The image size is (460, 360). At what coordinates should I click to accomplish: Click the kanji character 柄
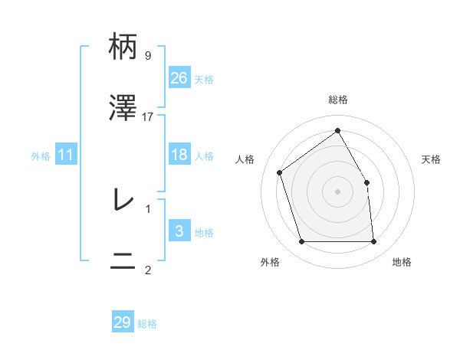pos(123,47)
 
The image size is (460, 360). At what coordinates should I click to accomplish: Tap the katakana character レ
pos(123,200)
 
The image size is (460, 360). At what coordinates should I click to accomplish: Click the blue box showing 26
pos(179,78)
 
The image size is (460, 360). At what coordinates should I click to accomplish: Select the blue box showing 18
pos(179,155)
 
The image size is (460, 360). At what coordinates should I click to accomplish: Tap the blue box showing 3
pos(179,231)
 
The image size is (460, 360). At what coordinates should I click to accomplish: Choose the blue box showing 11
pos(67,155)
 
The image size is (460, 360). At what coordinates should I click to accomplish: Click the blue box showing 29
pos(123,322)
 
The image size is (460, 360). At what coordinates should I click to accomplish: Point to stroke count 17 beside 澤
pos(148,116)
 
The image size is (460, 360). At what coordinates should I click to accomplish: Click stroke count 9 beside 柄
pos(147,56)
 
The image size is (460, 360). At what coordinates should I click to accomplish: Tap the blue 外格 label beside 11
pos(41,155)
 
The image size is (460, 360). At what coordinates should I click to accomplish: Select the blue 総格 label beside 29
pos(147,323)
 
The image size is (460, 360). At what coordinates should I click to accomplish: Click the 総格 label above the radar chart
pos(337,100)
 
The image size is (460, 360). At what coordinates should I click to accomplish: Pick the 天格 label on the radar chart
pos(431,159)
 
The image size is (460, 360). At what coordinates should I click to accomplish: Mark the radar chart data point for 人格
pos(280,172)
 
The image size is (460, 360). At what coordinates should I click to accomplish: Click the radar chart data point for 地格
pos(373,242)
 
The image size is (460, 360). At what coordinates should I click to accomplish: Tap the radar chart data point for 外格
pos(301,242)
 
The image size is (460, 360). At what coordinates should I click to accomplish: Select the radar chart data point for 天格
pos(366,182)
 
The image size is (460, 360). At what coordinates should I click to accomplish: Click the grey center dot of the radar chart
pos(337,191)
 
